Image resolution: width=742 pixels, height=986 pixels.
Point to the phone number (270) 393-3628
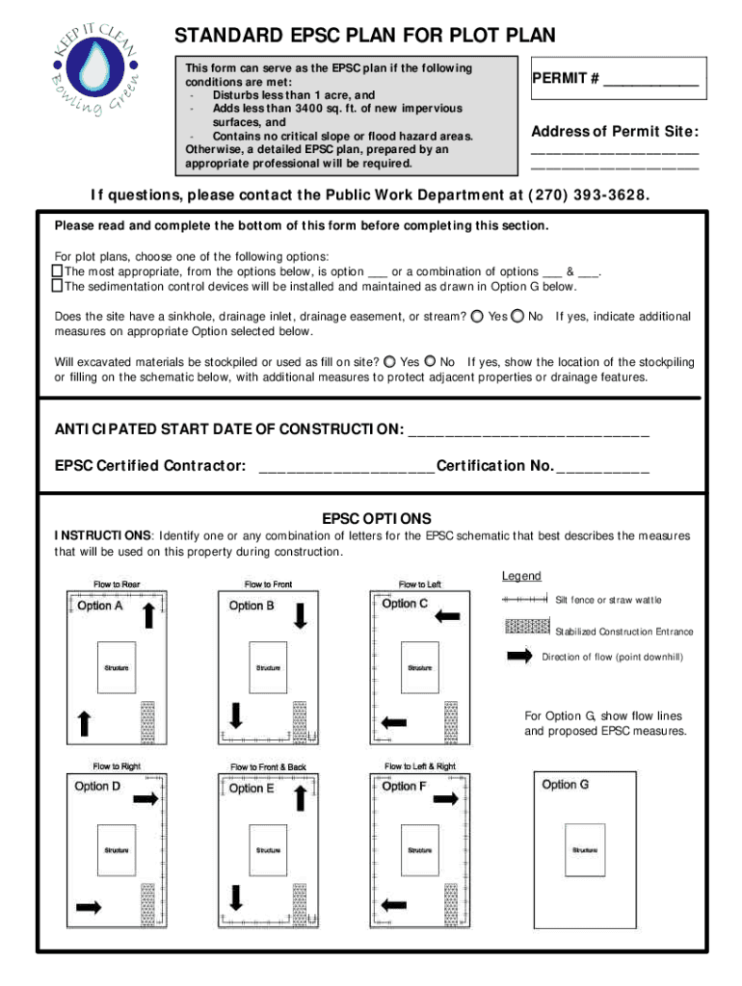pyautogui.click(x=589, y=195)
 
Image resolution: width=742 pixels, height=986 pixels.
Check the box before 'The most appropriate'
pyautogui.click(x=56, y=272)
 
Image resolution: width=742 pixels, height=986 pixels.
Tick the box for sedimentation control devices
pyautogui.click(x=56, y=286)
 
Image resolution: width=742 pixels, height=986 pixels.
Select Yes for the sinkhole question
pyautogui.click(x=476, y=316)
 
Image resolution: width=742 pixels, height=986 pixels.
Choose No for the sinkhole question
pyautogui.click(x=517, y=316)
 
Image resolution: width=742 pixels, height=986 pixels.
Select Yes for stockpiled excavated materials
pyautogui.click(x=389, y=362)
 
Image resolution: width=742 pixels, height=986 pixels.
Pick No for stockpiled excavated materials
pyautogui.click(x=431, y=362)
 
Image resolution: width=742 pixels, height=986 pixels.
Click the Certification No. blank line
pyautogui.click(x=603, y=468)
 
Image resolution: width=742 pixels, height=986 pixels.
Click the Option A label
pyautogui.click(x=99, y=606)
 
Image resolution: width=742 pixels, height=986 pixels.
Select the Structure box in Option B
pyautogui.click(x=268, y=667)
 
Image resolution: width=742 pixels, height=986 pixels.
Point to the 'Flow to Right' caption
pyautogui.click(x=117, y=766)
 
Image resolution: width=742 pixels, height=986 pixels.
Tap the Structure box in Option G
pyautogui.click(x=584, y=850)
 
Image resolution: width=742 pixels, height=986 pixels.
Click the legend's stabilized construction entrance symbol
pyautogui.click(x=528, y=628)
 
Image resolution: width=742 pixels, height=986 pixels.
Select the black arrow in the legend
pyautogui.click(x=520, y=656)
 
